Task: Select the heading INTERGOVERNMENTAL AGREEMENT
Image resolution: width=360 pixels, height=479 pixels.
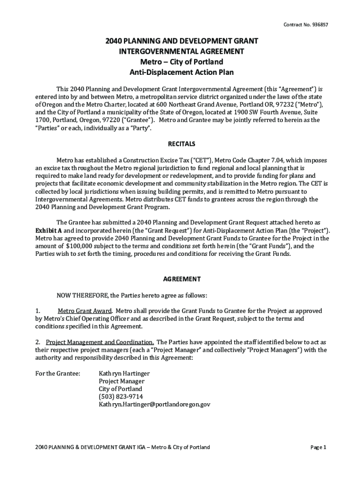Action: pos(181,51)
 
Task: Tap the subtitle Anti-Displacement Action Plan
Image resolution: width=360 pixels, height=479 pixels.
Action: pos(181,72)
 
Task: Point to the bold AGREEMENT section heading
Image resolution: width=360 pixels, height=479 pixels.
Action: pos(182,279)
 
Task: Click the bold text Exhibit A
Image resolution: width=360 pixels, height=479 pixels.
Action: pos(49,231)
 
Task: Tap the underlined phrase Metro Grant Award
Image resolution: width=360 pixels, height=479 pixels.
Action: pos(85,311)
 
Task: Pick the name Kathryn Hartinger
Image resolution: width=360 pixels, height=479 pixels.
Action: pos(124,373)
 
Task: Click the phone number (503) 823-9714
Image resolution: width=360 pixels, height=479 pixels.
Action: pos(121,396)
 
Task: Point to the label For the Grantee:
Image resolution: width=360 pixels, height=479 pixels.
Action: pos(58,373)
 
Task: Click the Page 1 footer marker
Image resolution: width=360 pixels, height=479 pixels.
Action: pos(318,447)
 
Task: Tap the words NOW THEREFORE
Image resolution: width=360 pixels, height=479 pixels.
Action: pos(82,295)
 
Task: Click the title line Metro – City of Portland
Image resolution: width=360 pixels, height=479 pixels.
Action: pos(181,62)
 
